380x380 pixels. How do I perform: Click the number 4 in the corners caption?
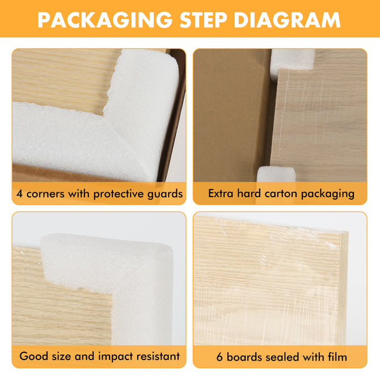(x=19, y=194)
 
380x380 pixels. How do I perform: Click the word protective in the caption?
(x=115, y=194)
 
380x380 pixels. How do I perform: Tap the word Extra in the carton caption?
(x=221, y=194)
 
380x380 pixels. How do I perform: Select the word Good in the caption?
(x=33, y=357)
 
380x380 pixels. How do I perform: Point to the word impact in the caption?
(x=114, y=357)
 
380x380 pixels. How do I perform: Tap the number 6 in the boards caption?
(x=219, y=357)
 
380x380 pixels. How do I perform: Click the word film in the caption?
(x=336, y=357)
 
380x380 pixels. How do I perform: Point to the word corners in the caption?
(x=45, y=194)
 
